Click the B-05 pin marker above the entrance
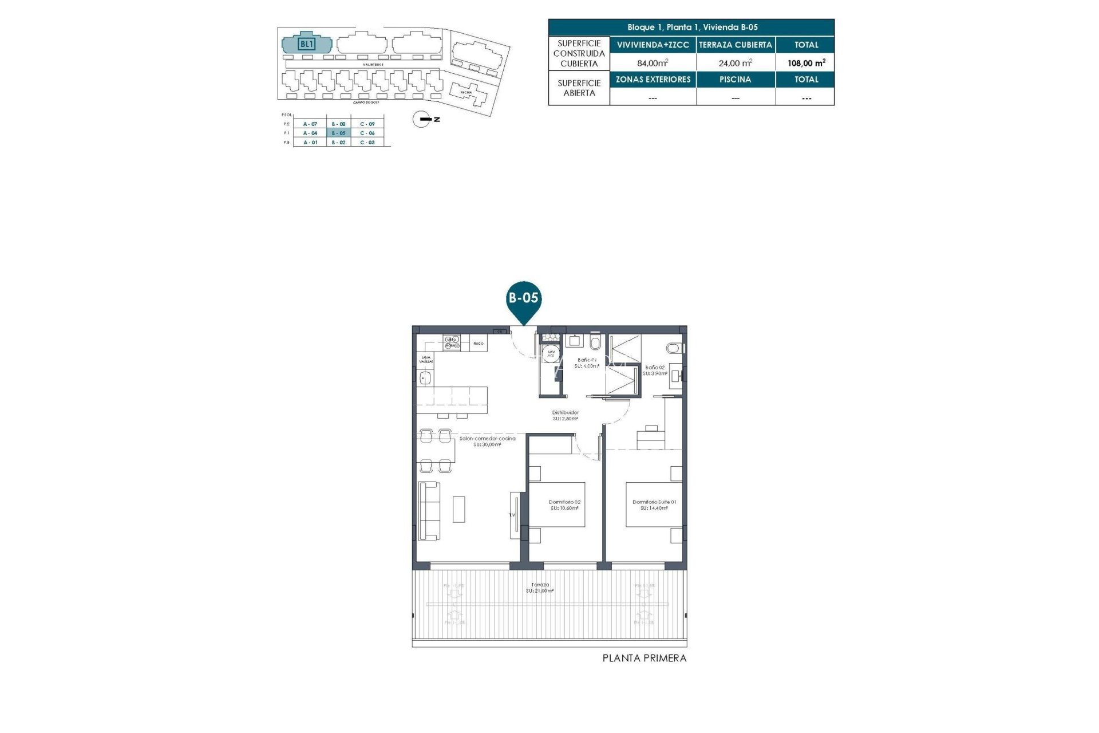(524, 298)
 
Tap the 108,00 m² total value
(806, 63)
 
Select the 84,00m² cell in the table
(653, 63)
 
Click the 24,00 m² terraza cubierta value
(735, 63)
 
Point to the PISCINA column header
(735, 80)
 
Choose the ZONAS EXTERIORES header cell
(653, 80)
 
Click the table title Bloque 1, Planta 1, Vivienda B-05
(691, 27)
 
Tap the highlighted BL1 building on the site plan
(307, 44)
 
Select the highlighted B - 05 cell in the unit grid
(338, 133)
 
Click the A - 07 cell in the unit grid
(310, 124)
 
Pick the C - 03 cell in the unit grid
(367, 142)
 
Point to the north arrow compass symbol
(422, 119)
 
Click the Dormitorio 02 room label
(564, 505)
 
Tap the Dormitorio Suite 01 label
(654, 505)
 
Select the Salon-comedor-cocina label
(487, 441)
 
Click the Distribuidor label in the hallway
(565, 415)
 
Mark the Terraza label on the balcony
(540, 588)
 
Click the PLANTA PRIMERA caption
(644, 659)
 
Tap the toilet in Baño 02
(674, 348)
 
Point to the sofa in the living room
(429, 511)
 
